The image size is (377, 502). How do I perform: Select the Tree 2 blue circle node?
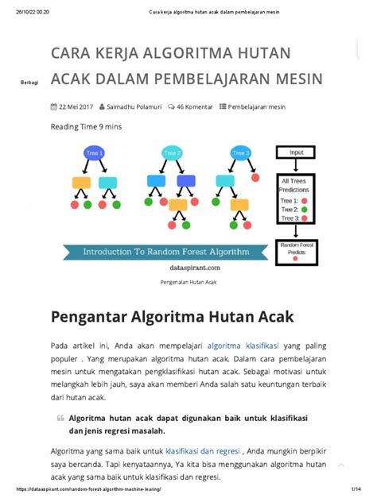point(172,153)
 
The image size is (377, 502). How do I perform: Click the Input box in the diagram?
point(297,153)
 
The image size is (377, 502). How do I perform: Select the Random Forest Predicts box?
point(296,250)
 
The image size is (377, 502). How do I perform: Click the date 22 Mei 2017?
point(73,106)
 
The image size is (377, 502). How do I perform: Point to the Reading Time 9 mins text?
point(86,126)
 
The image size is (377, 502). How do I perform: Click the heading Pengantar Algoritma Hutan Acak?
point(172,317)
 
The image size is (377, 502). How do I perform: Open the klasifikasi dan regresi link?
point(204,450)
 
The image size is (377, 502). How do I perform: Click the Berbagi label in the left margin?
point(29,83)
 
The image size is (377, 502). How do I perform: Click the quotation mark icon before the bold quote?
point(60,418)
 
